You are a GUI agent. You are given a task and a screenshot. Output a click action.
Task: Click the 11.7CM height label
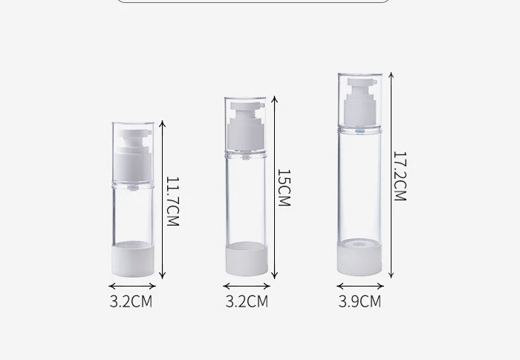pyautogui.click(x=172, y=201)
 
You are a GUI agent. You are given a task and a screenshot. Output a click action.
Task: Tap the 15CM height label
pyautogui.click(x=283, y=188)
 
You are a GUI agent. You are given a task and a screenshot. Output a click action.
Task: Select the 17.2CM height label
pyautogui.click(x=399, y=176)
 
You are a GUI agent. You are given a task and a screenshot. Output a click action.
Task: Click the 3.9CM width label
pyautogui.click(x=360, y=301)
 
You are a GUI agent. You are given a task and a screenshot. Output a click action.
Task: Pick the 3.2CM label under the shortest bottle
pyautogui.click(x=131, y=301)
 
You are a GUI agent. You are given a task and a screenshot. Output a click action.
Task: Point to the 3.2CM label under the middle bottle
pyautogui.click(x=247, y=301)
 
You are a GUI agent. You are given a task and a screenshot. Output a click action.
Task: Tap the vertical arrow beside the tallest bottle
pyautogui.click(x=391, y=176)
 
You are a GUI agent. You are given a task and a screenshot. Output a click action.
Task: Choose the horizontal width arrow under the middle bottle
pyautogui.click(x=247, y=286)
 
